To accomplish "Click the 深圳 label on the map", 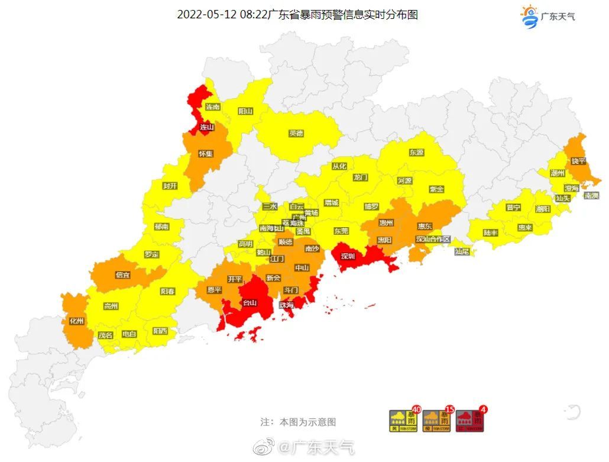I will [348, 256].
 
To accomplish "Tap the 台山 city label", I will [251, 303].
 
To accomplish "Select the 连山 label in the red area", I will [206, 127].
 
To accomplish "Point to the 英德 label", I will [296, 133].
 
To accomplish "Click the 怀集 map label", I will [205, 153].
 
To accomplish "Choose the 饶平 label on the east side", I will [578, 161].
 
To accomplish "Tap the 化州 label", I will [76, 321].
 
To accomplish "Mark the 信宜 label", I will [123, 274].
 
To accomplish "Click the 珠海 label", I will [286, 305].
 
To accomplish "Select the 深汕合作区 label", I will [433, 240].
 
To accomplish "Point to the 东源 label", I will [416, 152].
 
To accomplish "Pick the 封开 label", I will [170, 186].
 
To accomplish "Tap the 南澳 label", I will [591, 195].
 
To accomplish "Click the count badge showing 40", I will [416, 409].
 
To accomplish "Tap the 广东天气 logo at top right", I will [548, 15].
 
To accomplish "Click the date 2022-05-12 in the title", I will [207, 15].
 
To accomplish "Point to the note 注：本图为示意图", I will [298, 422].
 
